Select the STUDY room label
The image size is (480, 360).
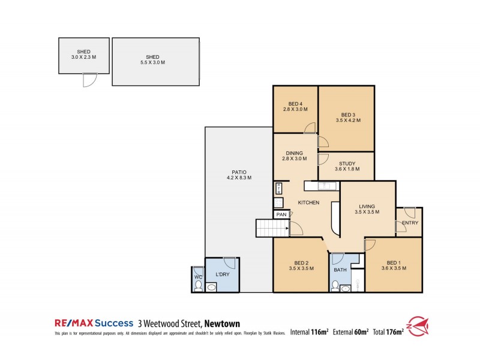(347, 163)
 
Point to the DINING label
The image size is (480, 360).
(295, 153)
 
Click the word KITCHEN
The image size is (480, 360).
(308, 203)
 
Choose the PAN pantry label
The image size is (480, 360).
(281, 214)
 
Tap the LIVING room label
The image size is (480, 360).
(367, 205)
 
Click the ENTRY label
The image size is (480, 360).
(410, 223)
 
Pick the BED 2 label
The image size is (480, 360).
(302, 262)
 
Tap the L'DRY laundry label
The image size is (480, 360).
(223, 274)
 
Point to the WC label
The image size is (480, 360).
(198, 277)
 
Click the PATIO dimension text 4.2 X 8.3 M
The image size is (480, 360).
(239, 178)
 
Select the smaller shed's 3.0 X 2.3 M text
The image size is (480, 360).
(83, 57)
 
